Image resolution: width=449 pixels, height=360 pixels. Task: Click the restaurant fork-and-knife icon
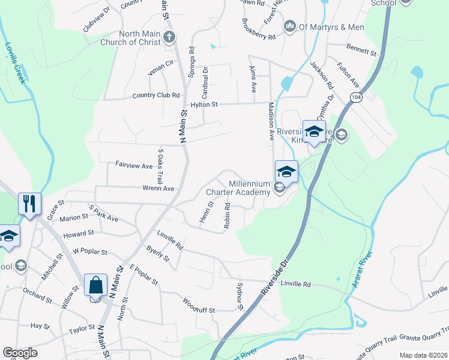pos(29,203)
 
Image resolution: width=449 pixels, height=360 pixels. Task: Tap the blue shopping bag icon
pos(96,284)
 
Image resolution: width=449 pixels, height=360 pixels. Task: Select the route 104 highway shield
pos(357,96)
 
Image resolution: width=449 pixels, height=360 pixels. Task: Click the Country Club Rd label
pos(156,95)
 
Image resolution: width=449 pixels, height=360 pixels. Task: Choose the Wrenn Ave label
pos(158,188)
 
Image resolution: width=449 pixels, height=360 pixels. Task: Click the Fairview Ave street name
pos(134,166)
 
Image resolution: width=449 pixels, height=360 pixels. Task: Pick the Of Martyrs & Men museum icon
pos(289,26)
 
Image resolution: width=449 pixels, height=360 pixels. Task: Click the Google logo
pos(20,353)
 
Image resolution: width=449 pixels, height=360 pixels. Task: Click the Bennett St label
pos(361,51)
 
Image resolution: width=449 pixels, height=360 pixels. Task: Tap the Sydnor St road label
pos(239,296)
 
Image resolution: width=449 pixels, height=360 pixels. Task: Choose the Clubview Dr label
pos(97,19)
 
